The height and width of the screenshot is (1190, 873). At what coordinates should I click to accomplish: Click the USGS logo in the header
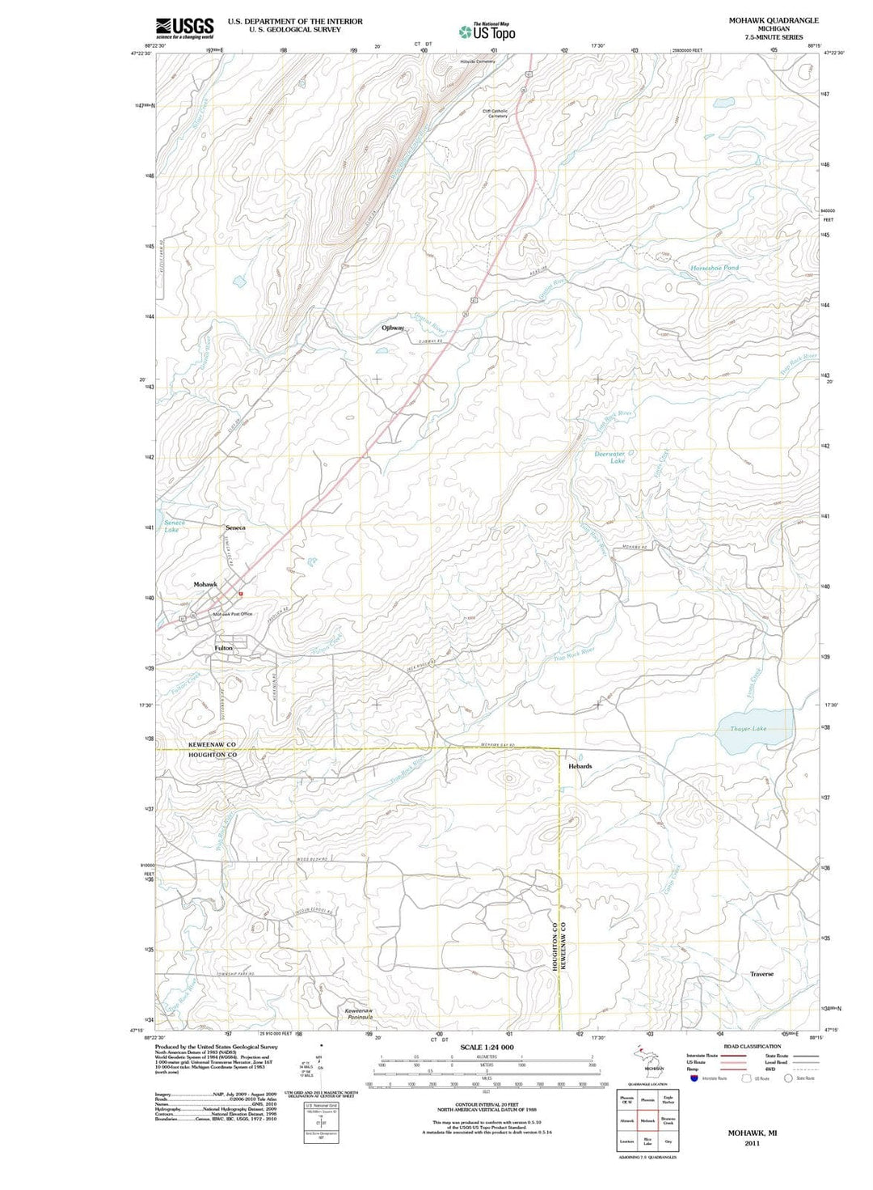[x=184, y=28]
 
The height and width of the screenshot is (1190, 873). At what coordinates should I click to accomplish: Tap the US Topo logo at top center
[x=487, y=32]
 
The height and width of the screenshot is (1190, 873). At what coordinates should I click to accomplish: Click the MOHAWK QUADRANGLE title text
[x=774, y=20]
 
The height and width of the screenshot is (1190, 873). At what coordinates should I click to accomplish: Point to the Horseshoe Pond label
[x=714, y=268]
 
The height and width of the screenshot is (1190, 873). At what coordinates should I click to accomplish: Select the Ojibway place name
[x=393, y=328]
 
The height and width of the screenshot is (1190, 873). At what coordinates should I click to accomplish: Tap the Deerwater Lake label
[x=609, y=457]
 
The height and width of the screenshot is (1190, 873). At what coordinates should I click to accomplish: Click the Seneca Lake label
[x=174, y=526]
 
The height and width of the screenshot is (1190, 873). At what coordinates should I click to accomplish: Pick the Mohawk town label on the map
[x=205, y=584]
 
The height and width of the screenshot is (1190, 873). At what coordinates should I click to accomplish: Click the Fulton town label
[x=223, y=648]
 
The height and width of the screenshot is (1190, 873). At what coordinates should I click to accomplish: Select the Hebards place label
[x=580, y=766]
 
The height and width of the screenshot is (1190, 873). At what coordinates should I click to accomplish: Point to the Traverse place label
[x=761, y=974]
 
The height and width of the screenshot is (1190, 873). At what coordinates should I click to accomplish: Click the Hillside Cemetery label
[x=477, y=61]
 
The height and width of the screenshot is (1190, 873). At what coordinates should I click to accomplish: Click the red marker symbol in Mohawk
[x=241, y=593]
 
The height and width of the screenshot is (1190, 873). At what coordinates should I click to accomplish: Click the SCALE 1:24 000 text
[x=486, y=1048]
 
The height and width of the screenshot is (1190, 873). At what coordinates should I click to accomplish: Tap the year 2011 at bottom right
[x=753, y=1144]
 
